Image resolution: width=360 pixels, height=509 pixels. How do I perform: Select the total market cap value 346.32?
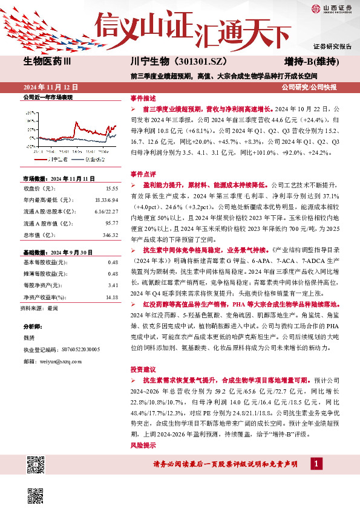110,234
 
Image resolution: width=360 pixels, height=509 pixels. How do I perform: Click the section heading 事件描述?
143,97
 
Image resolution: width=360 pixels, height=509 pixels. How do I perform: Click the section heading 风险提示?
143,445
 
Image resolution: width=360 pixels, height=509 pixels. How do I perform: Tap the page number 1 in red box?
315,463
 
